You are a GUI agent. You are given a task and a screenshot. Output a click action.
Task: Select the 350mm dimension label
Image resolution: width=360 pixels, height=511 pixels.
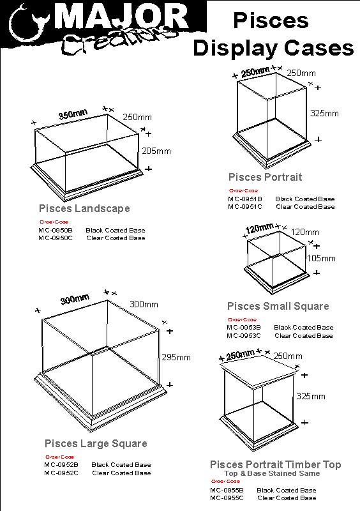coord(73,114)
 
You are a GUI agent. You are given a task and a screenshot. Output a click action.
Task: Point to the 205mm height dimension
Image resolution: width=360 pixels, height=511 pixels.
coord(156,151)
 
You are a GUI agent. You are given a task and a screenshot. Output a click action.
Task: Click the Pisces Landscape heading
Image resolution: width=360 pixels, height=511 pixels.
coord(84,208)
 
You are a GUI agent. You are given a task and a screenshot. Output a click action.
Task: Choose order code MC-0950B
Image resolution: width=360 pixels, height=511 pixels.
coord(56,230)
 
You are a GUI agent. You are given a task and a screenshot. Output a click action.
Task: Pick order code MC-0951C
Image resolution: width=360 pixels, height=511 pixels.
coord(244,206)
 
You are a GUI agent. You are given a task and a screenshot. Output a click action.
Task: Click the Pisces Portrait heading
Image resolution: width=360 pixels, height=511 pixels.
coord(266,176)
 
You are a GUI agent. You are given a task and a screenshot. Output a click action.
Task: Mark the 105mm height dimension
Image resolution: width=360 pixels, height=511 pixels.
coord(321,258)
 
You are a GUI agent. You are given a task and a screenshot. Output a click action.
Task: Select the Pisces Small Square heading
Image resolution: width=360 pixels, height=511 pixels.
coord(278,306)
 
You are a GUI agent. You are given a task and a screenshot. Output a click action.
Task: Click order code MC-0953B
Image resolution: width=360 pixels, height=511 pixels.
coord(244,328)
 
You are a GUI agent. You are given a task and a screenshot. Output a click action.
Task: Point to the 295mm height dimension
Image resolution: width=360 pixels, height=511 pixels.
coord(176,357)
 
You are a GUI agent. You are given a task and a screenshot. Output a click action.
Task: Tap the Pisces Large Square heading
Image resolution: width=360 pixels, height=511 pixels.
coord(96,443)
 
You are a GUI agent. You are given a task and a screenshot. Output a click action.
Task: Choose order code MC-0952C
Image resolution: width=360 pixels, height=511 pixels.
coord(61,473)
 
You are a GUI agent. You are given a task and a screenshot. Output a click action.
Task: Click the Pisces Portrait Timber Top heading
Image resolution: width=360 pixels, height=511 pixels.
coord(276,464)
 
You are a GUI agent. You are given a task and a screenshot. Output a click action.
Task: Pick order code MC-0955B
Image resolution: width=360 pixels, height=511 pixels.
coord(227,490)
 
